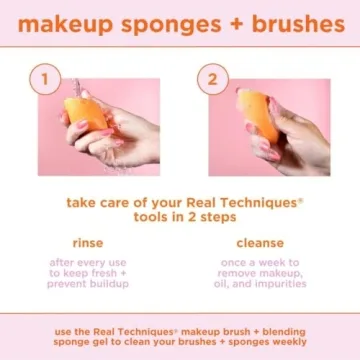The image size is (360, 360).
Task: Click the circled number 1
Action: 42,79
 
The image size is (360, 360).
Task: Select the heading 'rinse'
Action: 88,242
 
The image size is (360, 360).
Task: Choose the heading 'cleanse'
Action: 259,242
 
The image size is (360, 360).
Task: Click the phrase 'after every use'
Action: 88,262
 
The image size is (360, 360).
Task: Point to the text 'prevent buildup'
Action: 88,284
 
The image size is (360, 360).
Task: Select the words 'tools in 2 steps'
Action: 180,216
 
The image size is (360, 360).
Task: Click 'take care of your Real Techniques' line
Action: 180,202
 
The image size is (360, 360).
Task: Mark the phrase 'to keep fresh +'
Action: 88,273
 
